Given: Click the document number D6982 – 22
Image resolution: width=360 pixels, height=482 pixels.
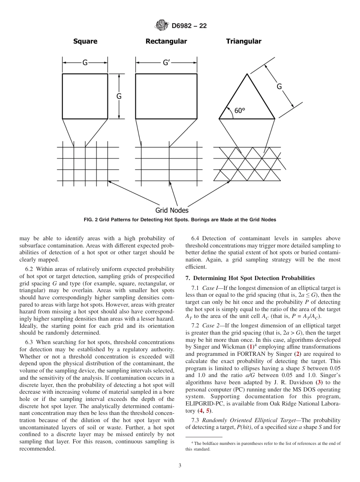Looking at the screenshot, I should [x=189, y=26].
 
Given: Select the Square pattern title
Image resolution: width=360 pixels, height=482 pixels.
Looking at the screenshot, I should [x=85, y=41].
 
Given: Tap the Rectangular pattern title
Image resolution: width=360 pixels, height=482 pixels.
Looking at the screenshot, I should [x=166, y=41].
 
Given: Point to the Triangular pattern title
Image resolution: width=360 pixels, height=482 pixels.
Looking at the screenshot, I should [x=244, y=41].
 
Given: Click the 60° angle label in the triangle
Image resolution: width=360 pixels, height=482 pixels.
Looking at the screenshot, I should [x=239, y=111].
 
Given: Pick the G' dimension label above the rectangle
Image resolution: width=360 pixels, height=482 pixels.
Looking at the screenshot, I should [x=166, y=63].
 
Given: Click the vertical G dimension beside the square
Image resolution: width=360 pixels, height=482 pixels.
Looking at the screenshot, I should [x=119, y=96].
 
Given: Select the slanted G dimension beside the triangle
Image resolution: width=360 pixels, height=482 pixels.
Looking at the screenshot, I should [x=279, y=86].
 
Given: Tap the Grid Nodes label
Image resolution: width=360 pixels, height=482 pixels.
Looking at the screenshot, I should [x=172, y=210].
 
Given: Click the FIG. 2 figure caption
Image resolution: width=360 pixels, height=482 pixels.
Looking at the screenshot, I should [x=180, y=220].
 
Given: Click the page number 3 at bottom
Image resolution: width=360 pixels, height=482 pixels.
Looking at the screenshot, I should [x=180, y=465].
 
